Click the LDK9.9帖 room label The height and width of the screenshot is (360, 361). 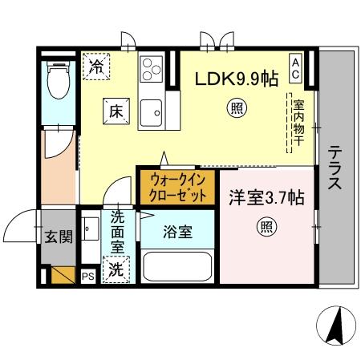click(x=238, y=79)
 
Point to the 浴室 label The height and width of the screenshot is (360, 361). click(x=178, y=233)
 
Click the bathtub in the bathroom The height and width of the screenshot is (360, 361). click(x=176, y=266)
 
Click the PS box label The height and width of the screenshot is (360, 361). click(x=87, y=276)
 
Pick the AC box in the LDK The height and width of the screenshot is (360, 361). click(x=296, y=65)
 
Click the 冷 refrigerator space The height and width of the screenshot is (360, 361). click(x=96, y=65)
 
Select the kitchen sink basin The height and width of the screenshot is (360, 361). click(x=151, y=113)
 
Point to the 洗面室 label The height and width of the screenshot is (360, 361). click(x=118, y=233)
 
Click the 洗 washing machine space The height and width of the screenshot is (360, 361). click(x=117, y=269)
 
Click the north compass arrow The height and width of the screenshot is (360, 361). click(x=337, y=325)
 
